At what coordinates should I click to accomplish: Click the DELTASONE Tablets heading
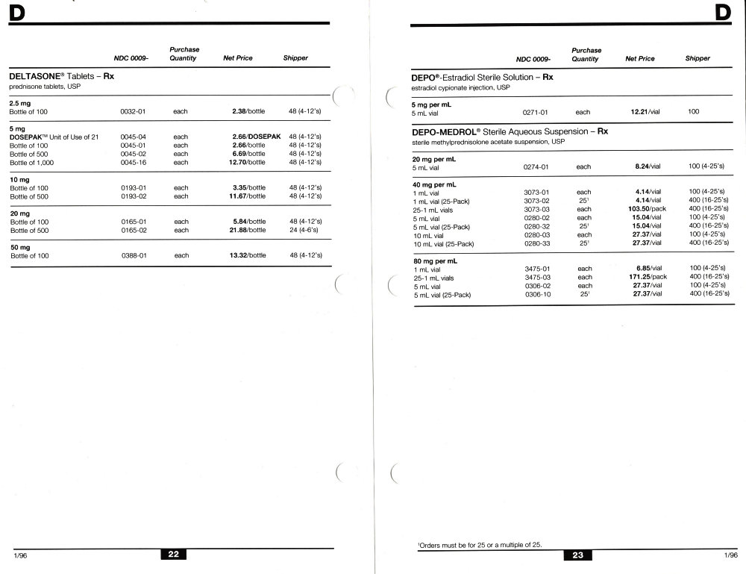pyautogui.click(x=61, y=76)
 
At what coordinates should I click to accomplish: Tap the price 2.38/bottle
pyautogui.click(x=247, y=110)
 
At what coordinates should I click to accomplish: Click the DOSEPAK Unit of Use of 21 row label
pyautogui.click(x=54, y=137)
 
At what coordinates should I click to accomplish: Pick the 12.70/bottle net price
pyautogui.click(x=247, y=162)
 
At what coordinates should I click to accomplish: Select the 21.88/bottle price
pyautogui.click(x=247, y=231)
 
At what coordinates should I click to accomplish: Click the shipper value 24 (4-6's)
pyautogui.click(x=304, y=231)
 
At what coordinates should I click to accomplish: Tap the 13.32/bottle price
pyautogui.click(x=247, y=256)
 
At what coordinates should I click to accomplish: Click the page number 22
pyautogui.click(x=173, y=554)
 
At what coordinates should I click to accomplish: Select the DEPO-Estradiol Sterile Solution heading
pyautogui.click(x=482, y=78)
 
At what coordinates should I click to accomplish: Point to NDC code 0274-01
pyautogui.click(x=536, y=167)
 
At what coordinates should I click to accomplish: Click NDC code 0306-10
pyautogui.click(x=536, y=294)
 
